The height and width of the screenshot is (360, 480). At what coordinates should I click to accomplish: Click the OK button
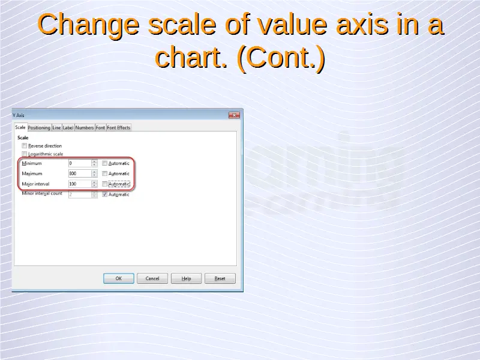[118, 278]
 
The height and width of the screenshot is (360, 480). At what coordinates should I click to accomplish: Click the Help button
[186, 278]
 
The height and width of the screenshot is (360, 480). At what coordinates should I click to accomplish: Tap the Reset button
[220, 278]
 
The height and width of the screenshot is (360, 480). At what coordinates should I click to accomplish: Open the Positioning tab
[39, 128]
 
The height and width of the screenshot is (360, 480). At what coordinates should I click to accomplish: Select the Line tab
[56, 128]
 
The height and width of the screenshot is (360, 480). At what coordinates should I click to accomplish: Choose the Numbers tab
[85, 128]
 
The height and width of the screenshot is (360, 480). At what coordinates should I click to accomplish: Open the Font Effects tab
[118, 128]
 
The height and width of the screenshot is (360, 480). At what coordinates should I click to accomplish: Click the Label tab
[68, 128]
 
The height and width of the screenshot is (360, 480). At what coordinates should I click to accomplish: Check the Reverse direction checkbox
[25, 146]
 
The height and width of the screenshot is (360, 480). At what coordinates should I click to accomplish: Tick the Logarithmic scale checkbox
[25, 154]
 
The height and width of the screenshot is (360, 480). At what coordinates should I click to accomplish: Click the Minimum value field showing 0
[80, 163]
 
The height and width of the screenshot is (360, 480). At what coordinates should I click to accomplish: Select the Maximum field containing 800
[80, 173]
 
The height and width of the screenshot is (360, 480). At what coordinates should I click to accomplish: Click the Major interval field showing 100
[80, 184]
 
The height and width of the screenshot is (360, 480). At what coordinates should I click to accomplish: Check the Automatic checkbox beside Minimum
[104, 163]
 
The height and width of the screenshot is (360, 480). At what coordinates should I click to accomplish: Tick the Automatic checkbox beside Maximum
[104, 173]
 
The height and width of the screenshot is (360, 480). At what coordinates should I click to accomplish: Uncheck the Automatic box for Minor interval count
[104, 194]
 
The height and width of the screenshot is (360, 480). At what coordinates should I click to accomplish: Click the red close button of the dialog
[234, 115]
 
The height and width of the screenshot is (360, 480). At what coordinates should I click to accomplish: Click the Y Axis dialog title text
[19, 115]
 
